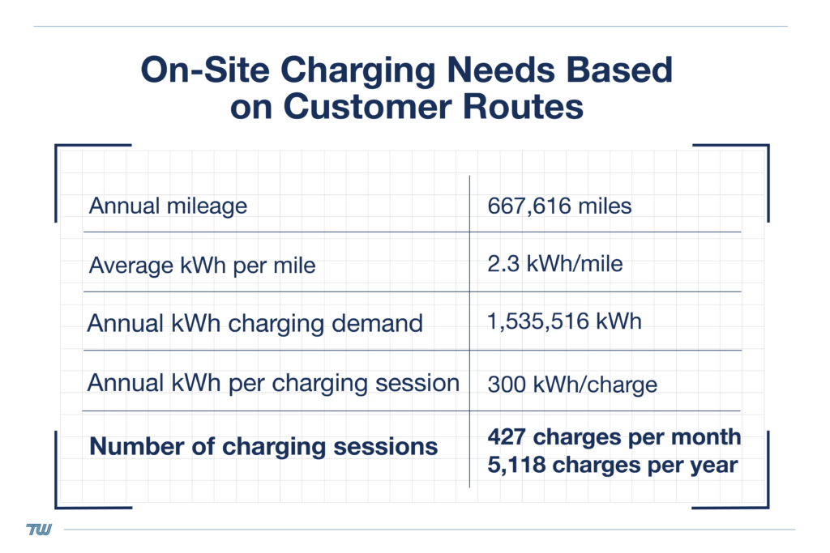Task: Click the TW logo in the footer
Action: pyautogui.click(x=39, y=530)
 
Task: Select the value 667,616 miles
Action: pyautogui.click(x=559, y=206)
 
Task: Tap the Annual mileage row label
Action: pyautogui.click(x=168, y=206)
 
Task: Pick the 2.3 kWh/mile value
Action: pyautogui.click(x=555, y=263)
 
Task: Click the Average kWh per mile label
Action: pyautogui.click(x=202, y=265)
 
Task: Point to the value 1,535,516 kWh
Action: pyautogui.click(x=564, y=321)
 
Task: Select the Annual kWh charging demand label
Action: pyautogui.click(x=255, y=323)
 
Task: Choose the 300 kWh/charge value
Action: pyautogui.click(x=572, y=384)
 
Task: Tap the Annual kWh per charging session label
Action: pyautogui.click(x=273, y=382)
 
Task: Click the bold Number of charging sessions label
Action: pyautogui.click(x=263, y=446)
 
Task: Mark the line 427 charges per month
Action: pyautogui.click(x=614, y=437)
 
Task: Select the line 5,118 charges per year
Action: pyautogui.click(x=612, y=466)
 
